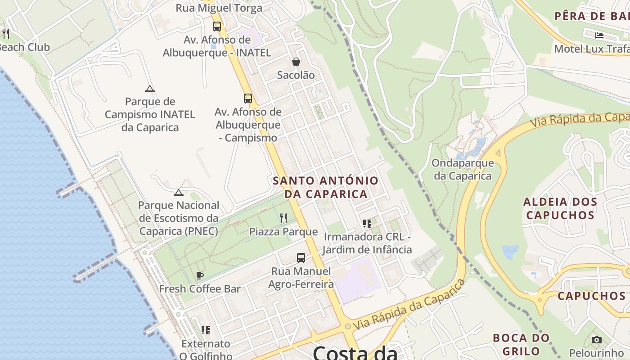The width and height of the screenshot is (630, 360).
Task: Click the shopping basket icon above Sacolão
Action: point(296,62)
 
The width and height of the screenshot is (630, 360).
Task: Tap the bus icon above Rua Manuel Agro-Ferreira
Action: point(301,258)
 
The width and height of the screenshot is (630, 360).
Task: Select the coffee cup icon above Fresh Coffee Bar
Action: point(200,275)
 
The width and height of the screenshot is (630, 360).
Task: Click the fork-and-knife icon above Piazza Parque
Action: point(283,218)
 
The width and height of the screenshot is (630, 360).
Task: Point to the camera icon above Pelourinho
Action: point(596,340)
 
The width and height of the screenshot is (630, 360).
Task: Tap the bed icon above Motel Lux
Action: point(599,35)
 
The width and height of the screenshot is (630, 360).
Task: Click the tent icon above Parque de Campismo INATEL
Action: point(150,89)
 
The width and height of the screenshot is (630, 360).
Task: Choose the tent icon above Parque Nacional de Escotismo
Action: point(179,193)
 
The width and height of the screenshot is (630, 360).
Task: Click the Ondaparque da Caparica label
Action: point(463,169)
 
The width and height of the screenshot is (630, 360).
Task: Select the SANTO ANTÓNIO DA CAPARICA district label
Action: point(326,187)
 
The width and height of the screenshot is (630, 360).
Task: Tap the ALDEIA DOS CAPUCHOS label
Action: point(560,208)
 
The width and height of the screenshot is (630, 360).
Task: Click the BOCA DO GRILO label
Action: point(521,344)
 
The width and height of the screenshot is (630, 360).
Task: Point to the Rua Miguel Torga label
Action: point(219,8)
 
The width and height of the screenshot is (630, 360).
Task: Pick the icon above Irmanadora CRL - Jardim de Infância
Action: point(367,224)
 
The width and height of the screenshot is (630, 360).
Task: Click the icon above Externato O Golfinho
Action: point(206,330)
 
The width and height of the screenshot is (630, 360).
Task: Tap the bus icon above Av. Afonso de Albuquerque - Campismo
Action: point(248,99)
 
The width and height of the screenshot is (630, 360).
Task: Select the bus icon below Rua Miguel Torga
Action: point(217,26)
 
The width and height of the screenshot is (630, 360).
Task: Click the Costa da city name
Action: point(355,352)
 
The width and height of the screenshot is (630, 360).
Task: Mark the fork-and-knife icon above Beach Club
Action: point(6,33)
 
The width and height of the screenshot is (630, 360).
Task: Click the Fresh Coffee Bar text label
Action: point(200,289)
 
